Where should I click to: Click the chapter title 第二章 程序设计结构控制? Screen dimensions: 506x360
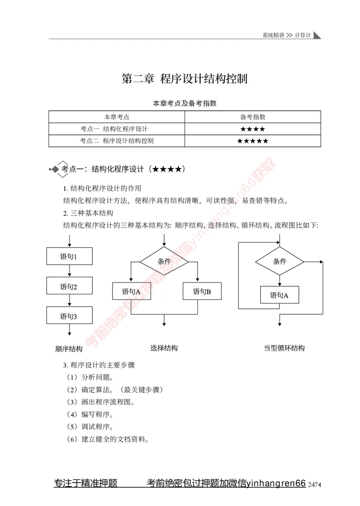pyautogui.click(x=184, y=79)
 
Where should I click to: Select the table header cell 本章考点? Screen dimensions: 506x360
pyautogui.click(x=117, y=117)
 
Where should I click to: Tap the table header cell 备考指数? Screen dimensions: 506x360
pyautogui.click(x=252, y=117)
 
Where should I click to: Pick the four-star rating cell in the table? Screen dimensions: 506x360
pyautogui.click(x=252, y=129)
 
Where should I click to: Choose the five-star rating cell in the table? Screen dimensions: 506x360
pyautogui.click(x=252, y=141)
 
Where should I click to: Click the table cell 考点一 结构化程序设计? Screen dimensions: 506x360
pyautogui.click(x=117, y=129)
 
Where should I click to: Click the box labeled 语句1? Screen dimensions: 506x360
pyautogui.click(x=69, y=257)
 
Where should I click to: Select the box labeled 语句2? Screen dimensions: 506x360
pyautogui.click(x=69, y=286)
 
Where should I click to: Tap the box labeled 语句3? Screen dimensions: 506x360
pyautogui.click(x=69, y=316)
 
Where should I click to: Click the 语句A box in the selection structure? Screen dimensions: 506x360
pyautogui.click(x=131, y=291)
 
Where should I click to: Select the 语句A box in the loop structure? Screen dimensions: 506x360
pyautogui.click(x=279, y=295)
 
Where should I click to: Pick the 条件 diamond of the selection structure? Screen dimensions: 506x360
pyautogui.click(x=164, y=261)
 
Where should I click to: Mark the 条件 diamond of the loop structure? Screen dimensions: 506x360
pyautogui.click(x=279, y=261)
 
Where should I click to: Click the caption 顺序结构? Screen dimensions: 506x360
pyautogui.click(x=69, y=349)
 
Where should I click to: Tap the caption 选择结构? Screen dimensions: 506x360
pyautogui.click(x=164, y=348)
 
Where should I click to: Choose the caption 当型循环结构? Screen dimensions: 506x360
pyautogui.click(x=284, y=348)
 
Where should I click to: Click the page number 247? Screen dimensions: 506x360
pyautogui.click(x=313, y=484)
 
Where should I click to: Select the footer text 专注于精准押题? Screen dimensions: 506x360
pyautogui.click(x=85, y=483)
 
